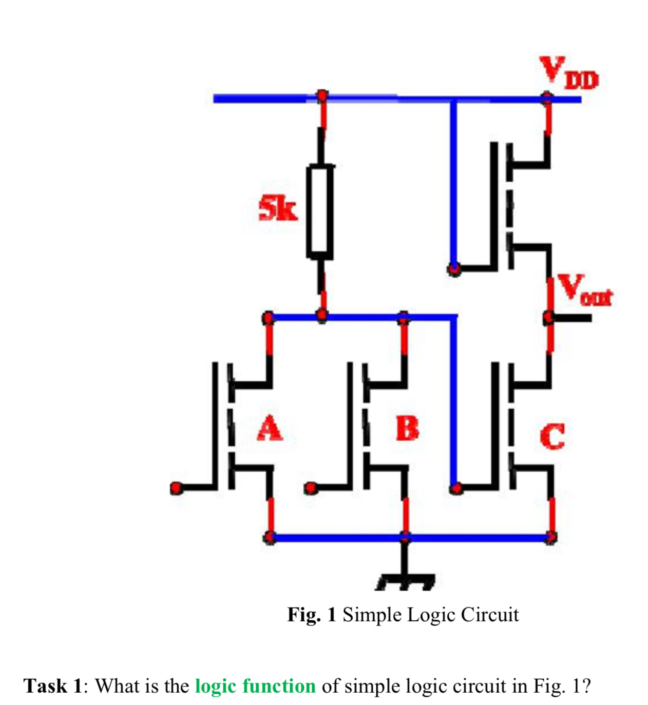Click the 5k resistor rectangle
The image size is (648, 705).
pyautogui.click(x=320, y=211)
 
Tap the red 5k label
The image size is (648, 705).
pyautogui.click(x=278, y=209)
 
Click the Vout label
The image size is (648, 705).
pyautogui.click(x=585, y=290)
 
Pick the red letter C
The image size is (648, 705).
pyautogui.click(x=552, y=436)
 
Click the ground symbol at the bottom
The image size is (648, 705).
pyautogui.click(x=406, y=580)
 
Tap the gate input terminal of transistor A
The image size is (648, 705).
pyautogui.click(x=176, y=487)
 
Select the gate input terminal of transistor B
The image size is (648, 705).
pyautogui.click(x=310, y=487)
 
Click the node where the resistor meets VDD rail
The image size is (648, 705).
pyautogui.click(x=322, y=95)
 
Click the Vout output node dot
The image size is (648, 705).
pyautogui.click(x=549, y=318)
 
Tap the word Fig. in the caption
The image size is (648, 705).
pyautogui.click(x=303, y=614)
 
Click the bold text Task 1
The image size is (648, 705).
pyautogui.click(x=53, y=686)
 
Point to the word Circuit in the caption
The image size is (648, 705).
pyautogui.click(x=490, y=614)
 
